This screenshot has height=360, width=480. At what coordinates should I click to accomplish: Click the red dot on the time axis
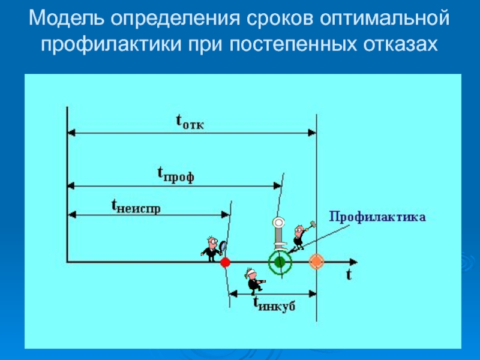click(226, 262)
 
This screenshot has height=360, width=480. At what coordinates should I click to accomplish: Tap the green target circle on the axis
click(279, 262)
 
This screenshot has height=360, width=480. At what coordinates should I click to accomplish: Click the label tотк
click(189, 122)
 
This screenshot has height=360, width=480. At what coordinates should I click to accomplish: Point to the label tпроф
click(175, 175)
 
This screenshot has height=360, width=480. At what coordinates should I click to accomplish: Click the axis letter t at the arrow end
click(347, 275)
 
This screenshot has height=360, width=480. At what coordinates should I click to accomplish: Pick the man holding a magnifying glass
click(211, 247)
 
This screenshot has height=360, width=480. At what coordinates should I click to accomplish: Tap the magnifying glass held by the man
click(223, 244)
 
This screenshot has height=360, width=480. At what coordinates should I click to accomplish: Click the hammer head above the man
click(312, 224)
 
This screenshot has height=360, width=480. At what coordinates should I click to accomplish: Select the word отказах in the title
click(395, 44)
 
